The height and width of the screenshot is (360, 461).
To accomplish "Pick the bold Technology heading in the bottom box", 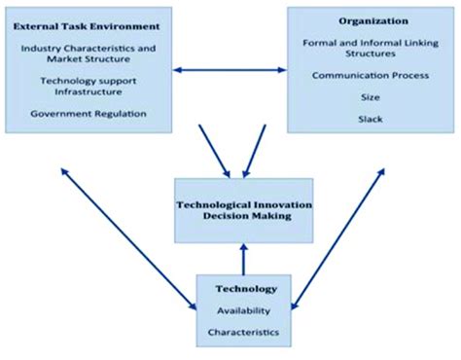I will (243, 289).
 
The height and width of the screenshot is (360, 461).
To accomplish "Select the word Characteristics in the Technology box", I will (243, 332).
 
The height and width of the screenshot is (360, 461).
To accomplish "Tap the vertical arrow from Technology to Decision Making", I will (243, 258).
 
